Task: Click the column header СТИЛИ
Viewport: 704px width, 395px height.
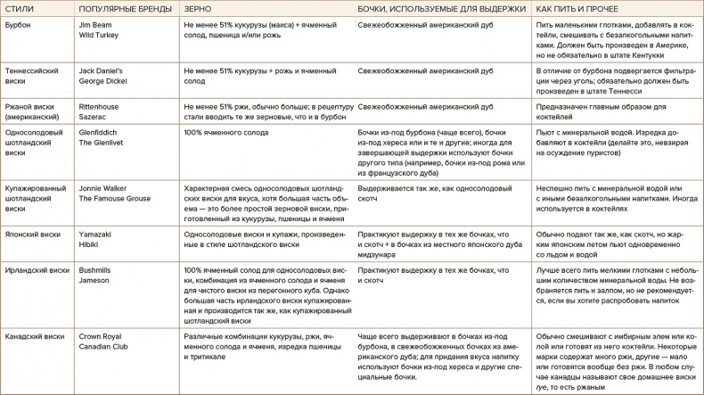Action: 19,9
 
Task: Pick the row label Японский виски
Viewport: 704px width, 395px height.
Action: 33,235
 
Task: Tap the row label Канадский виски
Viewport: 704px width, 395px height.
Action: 35,336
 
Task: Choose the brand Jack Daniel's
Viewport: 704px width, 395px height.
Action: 102,69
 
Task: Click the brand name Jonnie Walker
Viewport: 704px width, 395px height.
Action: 103,189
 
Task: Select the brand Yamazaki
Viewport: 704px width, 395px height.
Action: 96,235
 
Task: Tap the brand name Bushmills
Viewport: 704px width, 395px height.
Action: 97,269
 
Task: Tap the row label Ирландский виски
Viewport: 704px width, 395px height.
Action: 37,269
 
